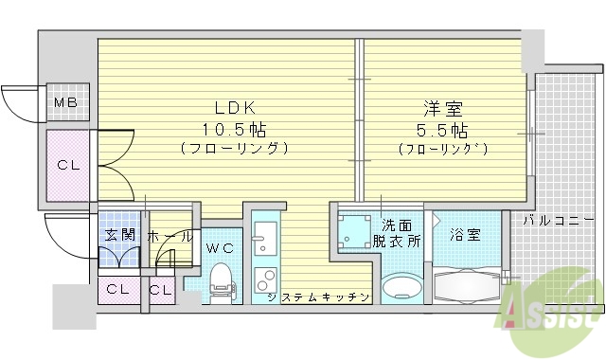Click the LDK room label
tap(228, 107)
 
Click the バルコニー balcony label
tap(560, 221)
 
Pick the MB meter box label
tap(65, 102)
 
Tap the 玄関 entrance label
tap(116, 236)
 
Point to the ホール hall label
tap(170, 236)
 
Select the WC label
tap(220, 247)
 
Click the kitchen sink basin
tap(263, 238)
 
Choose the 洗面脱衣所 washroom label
tap(396, 233)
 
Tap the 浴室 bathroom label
tap(464, 233)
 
